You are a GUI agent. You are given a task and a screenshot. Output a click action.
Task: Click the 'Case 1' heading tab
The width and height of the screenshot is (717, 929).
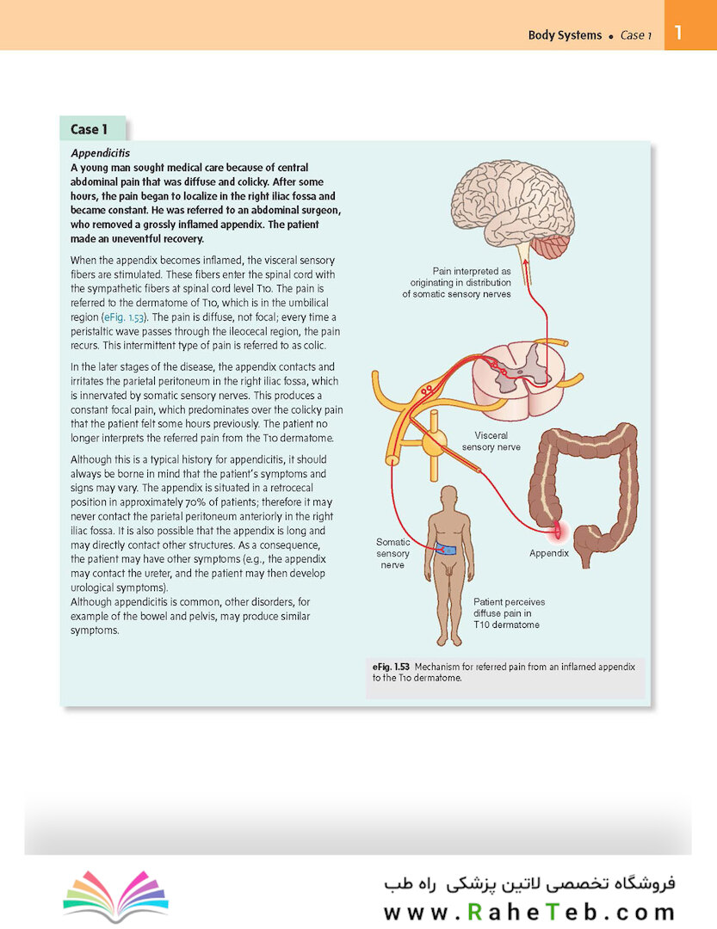(x=92, y=128)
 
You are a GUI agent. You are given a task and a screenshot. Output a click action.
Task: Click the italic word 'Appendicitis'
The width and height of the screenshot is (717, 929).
(x=100, y=153)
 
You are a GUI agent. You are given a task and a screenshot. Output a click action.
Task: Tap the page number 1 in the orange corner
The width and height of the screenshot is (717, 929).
(x=678, y=32)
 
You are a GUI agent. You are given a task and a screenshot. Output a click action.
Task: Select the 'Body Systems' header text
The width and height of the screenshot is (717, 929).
(x=565, y=35)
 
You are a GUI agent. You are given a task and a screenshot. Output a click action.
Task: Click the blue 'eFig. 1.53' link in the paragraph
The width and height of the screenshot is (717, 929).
(x=124, y=317)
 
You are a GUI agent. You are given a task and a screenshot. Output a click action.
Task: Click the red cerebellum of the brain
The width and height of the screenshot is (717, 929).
(x=549, y=247)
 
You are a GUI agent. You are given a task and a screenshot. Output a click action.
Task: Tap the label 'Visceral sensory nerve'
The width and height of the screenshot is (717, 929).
(x=491, y=441)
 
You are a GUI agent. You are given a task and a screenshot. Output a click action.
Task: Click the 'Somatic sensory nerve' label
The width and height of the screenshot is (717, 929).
(x=392, y=553)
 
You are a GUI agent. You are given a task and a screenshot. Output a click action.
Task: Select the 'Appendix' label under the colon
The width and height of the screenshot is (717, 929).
(x=548, y=553)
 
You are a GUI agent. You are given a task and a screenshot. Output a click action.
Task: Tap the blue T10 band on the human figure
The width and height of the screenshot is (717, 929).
(x=446, y=549)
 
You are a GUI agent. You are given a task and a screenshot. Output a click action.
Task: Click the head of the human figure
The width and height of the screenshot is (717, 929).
(x=449, y=496)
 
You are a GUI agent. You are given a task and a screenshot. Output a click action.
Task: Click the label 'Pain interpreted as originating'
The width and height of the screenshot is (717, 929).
(x=456, y=283)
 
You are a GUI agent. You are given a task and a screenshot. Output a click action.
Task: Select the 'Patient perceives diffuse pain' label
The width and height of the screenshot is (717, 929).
(x=509, y=613)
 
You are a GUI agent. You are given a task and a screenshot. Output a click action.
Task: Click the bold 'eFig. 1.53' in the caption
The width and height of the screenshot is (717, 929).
(x=391, y=667)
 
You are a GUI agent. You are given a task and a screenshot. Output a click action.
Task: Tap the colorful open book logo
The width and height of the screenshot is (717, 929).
(x=115, y=895)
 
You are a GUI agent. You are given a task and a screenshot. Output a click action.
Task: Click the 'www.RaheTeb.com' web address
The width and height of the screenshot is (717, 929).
(x=529, y=912)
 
